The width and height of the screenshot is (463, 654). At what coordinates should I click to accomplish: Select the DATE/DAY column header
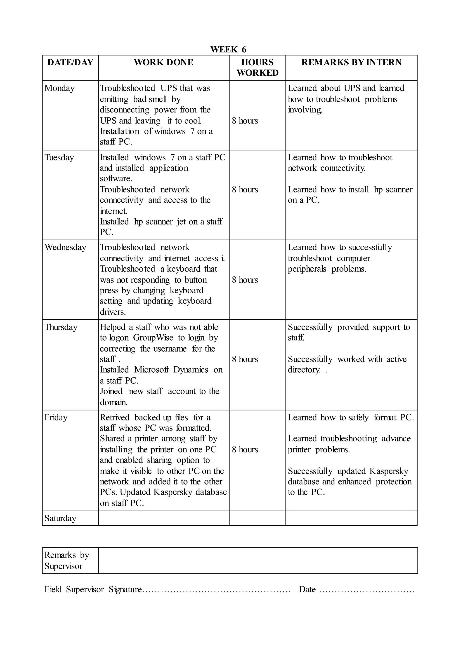click(x=70, y=62)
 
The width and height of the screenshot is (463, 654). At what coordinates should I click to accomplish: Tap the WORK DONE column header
click(x=164, y=62)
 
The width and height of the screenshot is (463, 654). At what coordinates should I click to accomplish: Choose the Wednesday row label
click(x=65, y=247)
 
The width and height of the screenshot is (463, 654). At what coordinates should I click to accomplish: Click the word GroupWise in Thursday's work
click(x=153, y=338)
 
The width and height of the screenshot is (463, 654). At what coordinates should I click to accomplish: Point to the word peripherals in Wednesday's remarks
click(x=307, y=269)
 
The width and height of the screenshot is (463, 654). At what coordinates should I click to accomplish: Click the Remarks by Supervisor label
click(x=67, y=560)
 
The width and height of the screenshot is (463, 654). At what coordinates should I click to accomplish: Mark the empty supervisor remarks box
click(x=258, y=560)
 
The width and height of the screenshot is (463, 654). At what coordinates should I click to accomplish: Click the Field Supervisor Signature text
click(x=93, y=589)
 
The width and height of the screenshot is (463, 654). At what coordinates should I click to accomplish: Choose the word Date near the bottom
click(x=307, y=589)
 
